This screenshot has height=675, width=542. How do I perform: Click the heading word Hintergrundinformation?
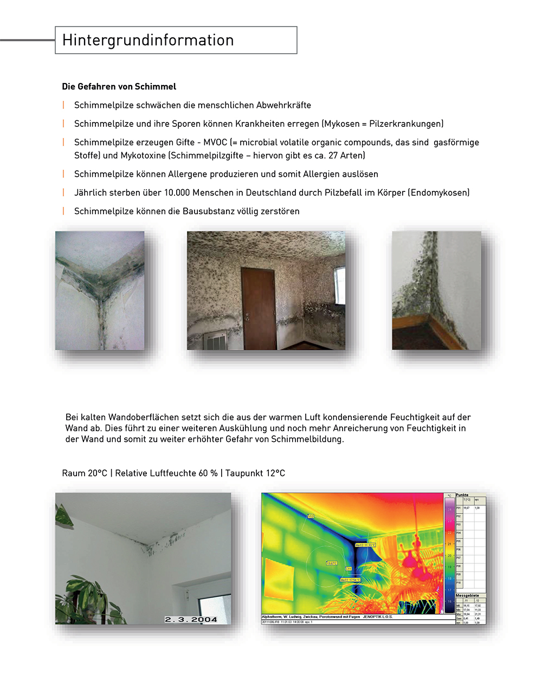coord(148,40)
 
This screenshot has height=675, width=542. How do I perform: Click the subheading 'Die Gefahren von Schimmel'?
coord(119,86)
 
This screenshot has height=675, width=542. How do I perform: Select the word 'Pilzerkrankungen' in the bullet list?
coord(405,124)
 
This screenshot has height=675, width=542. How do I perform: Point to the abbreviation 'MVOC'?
coord(215,142)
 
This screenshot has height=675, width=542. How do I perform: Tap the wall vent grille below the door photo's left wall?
coord(219,342)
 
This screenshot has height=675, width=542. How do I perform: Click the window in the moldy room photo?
coord(340,285)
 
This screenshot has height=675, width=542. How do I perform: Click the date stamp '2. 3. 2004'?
coord(191,619)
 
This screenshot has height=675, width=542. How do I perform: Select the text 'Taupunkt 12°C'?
coord(255,473)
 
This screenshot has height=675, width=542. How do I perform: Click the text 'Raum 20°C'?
coord(85,473)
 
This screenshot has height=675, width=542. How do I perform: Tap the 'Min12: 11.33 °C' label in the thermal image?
coord(365,545)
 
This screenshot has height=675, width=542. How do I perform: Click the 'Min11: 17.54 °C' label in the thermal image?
coord(350,580)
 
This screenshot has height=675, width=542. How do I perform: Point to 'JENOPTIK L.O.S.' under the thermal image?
coord(377,617)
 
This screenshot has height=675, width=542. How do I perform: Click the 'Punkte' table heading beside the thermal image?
coord(462,495)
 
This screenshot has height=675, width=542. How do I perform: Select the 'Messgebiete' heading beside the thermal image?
coord(467,595)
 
